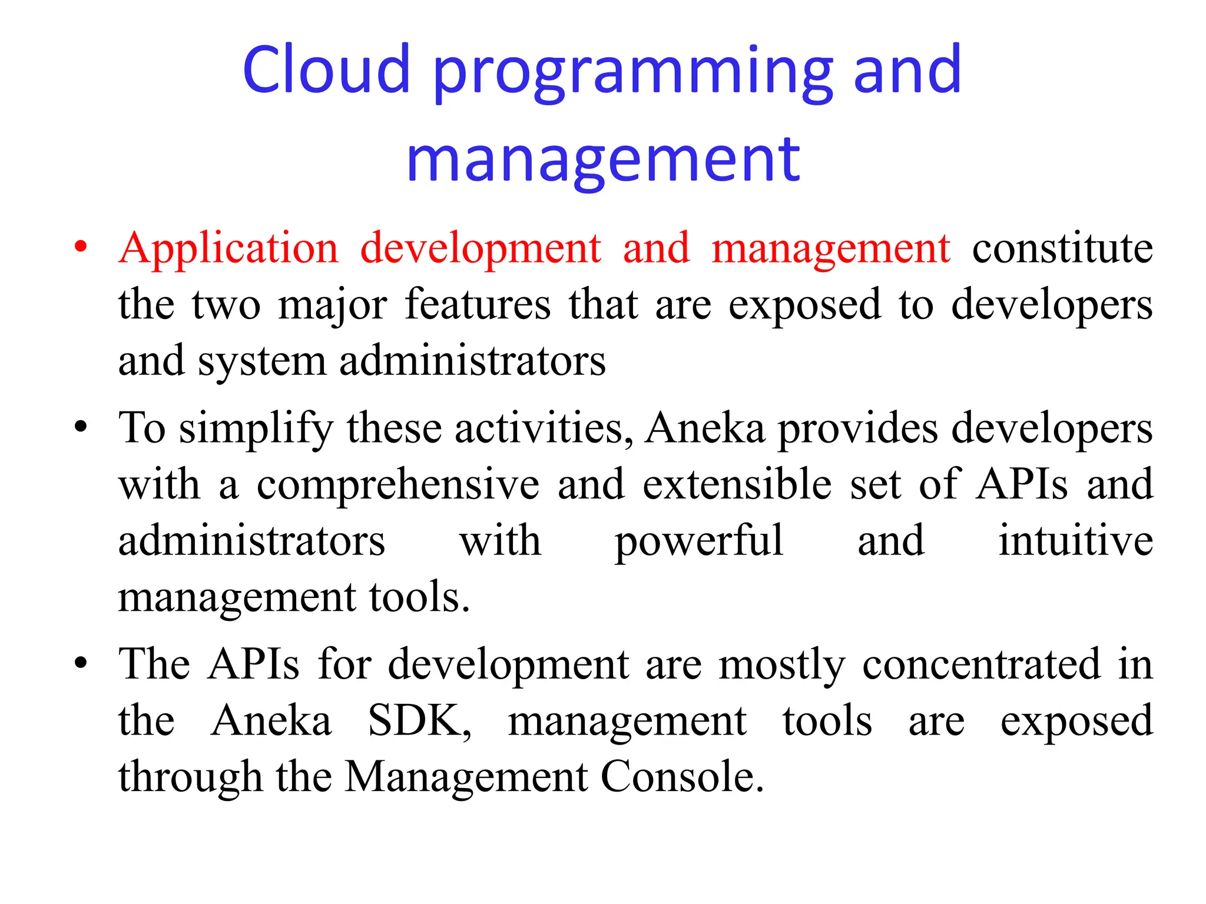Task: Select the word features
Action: tap(478, 305)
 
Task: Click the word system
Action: tap(261, 361)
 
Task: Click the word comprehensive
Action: tap(398, 485)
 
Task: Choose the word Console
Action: tap(682, 777)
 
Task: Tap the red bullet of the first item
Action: tap(81, 246)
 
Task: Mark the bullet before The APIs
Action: tap(81, 663)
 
